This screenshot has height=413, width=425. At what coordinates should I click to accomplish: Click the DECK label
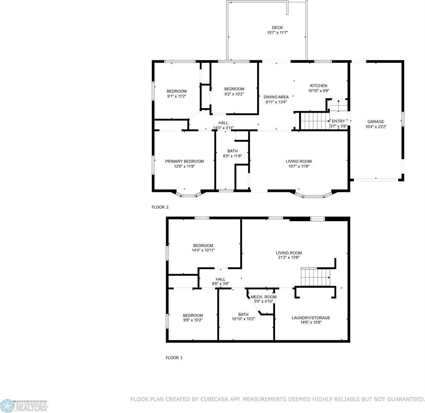[x=277, y=28]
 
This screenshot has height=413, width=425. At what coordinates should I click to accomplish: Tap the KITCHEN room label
[x=319, y=86]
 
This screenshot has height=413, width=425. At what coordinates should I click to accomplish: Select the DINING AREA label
[x=276, y=97]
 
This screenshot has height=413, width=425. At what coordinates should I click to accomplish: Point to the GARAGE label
[x=376, y=121]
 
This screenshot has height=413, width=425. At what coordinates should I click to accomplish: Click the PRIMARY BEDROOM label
[x=184, y=161]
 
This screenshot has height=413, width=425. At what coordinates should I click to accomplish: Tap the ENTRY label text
[x=338, y=121]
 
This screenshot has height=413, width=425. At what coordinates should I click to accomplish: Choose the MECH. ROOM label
[x=264, y=297]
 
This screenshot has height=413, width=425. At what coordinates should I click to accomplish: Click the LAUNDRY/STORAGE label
[x=311, y=318]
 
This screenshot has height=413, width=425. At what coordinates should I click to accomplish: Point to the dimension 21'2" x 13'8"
[x=289, y=257]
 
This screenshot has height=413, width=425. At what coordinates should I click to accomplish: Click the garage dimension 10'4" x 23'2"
[x=376, y=127]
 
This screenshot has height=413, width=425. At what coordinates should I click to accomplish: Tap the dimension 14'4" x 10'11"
[x=203, y=250]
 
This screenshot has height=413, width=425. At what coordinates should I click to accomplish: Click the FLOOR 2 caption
[x=160, y=207]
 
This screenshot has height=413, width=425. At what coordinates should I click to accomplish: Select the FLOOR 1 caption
[x=174, y=358]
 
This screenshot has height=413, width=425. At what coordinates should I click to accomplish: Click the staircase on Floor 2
[x=315, y=121]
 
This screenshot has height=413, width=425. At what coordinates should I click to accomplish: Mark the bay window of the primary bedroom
[x=189, y=195]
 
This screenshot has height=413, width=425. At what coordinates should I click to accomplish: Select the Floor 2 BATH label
[x=232, y=151]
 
